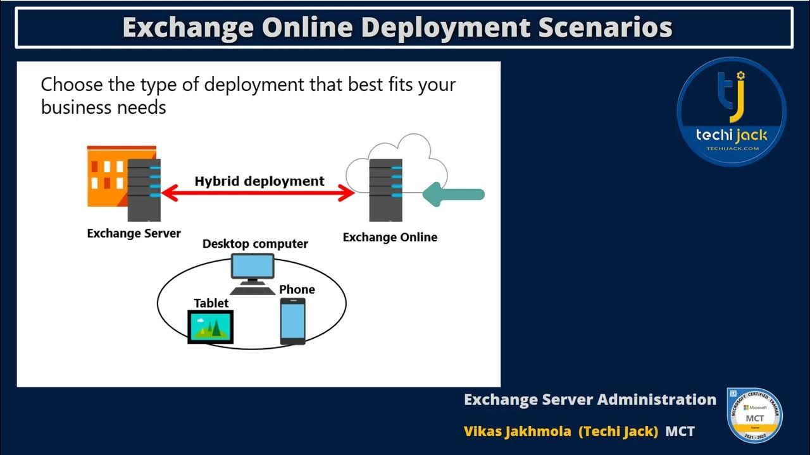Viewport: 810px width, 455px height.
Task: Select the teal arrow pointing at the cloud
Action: [453, 194]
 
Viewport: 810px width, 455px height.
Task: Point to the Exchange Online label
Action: [390, 238]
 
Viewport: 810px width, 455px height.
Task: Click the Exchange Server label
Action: [134, 234]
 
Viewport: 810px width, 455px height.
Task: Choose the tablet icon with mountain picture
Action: [211, 327]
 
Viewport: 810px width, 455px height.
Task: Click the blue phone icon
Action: [293, 322]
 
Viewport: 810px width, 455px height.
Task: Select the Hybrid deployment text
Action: [259, 181]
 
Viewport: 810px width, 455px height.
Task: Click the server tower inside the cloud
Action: [385, 190]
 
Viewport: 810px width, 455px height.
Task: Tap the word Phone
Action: [297, 289]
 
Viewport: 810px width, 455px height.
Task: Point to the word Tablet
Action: [211, 303]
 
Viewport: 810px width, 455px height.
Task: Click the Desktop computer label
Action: [255, 244]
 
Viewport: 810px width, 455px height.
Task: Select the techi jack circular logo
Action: [732, 112]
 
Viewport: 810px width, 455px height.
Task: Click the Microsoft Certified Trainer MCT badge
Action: [754, 415]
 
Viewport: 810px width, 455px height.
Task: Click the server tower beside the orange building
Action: [144, 190]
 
